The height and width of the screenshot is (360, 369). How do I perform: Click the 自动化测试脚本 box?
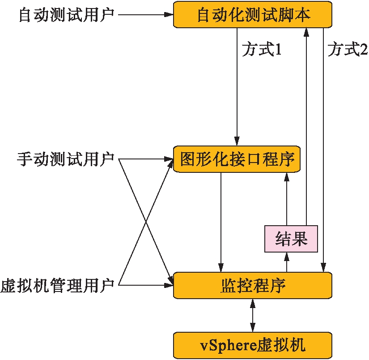pyautogui.click(x=253, y=15)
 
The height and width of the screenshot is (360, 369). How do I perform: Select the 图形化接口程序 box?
pyautogui.click(x=237, y=159)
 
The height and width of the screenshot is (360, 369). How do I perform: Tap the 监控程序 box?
pyautogui.click(x=253, y=285)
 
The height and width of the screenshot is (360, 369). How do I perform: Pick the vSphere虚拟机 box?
pyautogui.click(x=253, y=345)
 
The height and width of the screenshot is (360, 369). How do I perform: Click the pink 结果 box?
pyautogui.click(x=291, y=239)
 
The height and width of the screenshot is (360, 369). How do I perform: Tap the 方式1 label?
pyautogui.click(x=262, y=50)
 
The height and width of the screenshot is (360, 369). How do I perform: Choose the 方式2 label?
pyautogui.click(x=347, y=50)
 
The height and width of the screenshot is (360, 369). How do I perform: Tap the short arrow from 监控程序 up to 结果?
pyautogui.click(x=287, y=262)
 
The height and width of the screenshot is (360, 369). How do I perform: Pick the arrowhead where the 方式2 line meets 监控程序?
pyautogui.click(x=323, y=267)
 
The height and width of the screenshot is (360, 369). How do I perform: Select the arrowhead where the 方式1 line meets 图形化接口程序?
pyautogui.click(x=237, y=141)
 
